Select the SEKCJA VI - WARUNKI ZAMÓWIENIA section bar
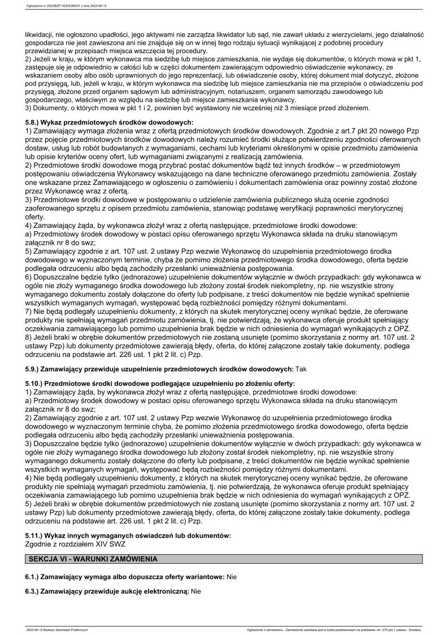[224, 559]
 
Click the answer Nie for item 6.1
[232, 577]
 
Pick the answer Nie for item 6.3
[197, 592]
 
